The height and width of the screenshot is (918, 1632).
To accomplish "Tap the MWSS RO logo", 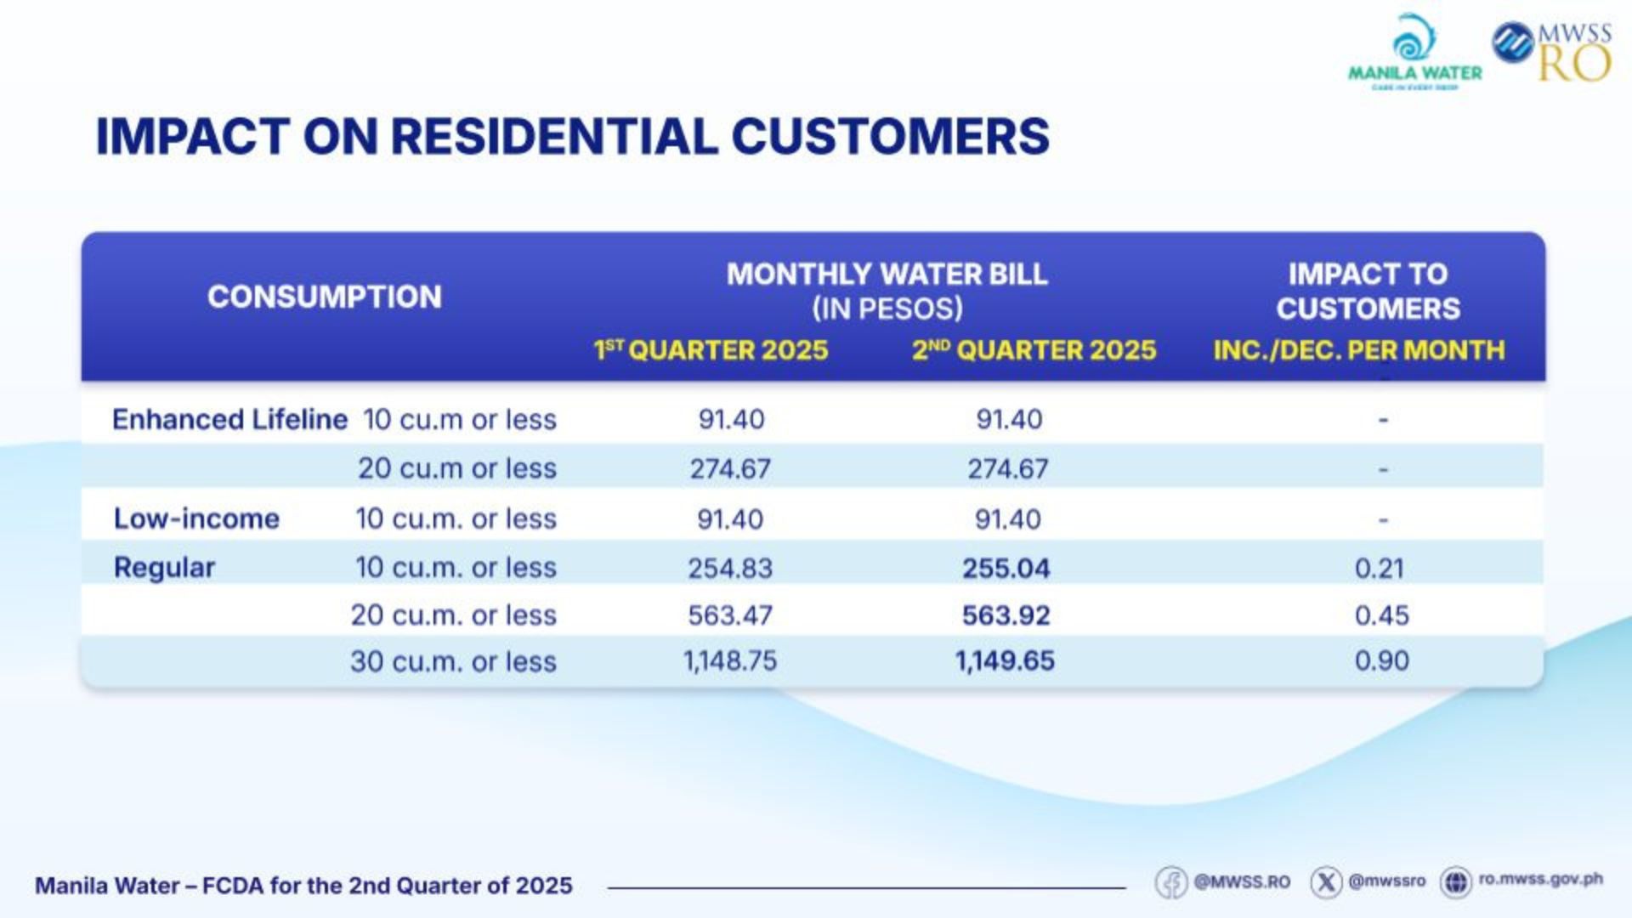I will (1552, 51).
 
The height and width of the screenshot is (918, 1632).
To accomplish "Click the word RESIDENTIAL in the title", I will (553, 136).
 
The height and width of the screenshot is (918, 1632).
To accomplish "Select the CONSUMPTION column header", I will (324, 297).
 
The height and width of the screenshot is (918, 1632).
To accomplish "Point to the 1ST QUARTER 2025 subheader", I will (711, 350).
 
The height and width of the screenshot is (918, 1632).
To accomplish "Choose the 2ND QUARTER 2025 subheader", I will (1034, 350).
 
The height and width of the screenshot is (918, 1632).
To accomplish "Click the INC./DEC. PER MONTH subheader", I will (1358, 350).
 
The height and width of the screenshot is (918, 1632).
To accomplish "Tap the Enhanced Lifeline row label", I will (229, 419).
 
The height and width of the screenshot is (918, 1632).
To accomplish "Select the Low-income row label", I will (196, 518).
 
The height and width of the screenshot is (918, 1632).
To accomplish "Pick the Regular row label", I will (164, 567).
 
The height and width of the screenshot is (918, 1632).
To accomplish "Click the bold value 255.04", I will (1006, 568).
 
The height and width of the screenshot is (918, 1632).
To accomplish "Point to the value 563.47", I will (730, 615).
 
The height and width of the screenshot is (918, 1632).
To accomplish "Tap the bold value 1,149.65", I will (1005, 660).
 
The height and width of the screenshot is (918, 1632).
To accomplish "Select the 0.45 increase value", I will (1381, 615).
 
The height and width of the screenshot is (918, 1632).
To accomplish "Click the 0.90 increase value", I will (1381, 660).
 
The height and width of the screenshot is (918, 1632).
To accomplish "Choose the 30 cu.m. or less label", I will (453, 661).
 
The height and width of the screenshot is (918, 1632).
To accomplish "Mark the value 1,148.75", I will (730, 660).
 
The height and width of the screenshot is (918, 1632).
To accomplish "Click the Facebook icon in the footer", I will (1171, 882).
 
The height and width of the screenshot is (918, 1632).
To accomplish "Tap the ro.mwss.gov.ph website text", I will (1540, 880).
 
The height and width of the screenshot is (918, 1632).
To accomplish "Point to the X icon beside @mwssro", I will (1326, 882).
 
